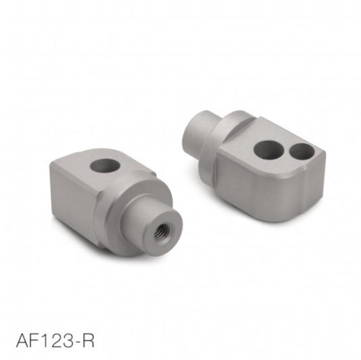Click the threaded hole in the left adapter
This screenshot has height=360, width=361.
click(x=162, y=231)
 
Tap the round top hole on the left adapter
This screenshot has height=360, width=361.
click(x=105, y=166)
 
